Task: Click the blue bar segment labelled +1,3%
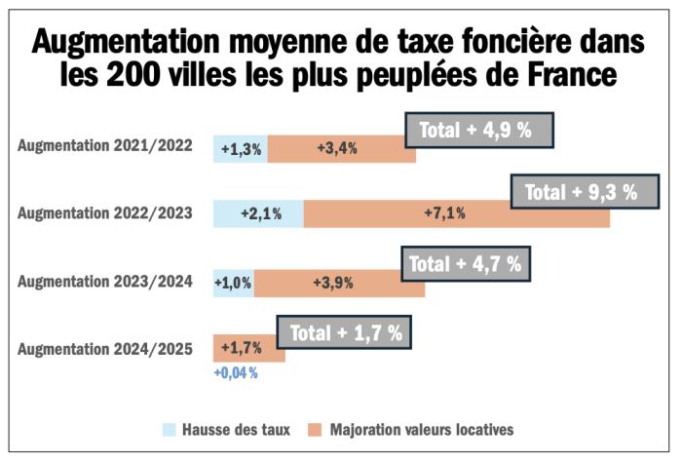pyautogui.click(x=240, y=149)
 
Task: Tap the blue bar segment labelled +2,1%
pyautogui.click(x=258, y=213)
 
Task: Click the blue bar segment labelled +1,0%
pyautogui.click(x=234, y=283)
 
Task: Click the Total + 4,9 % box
pyautogui.click(x=478, y=130)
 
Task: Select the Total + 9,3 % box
pyautogui.click(x=581, y=192)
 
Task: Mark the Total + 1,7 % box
pyautogui.click(x=344, y=331)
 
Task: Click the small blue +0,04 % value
pyautogui.click(x=235, y=373)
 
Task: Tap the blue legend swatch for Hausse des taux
pyautogui.click(x=169, y=428)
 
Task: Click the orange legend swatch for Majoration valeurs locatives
pyautogui.click(x=314, y=428)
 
